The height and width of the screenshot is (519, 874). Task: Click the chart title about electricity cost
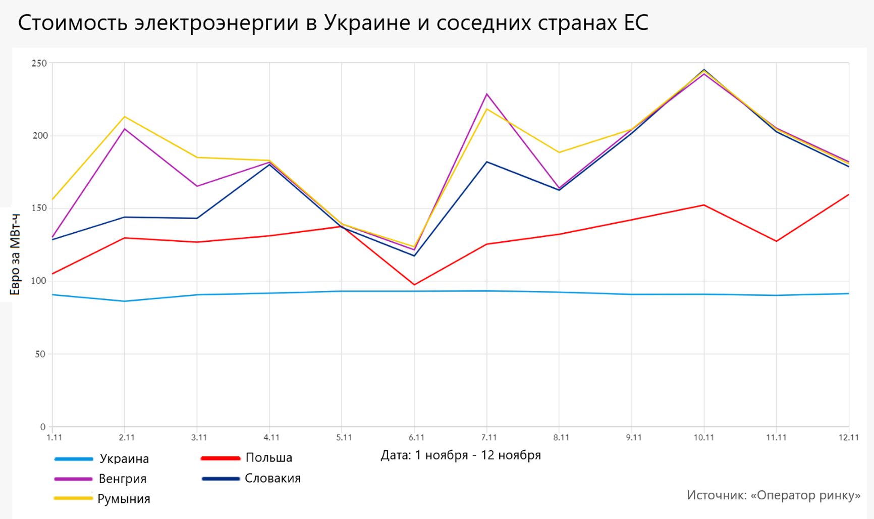coord(333,23)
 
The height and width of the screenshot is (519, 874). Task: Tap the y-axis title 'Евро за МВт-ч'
coord(15,254)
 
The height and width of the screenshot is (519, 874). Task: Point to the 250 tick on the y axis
coord(39,64)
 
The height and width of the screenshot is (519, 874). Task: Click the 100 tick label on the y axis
coord(39,281)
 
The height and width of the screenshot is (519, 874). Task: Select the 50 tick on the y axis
coord(40,354)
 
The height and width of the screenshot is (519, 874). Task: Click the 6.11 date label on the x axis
coord(416,438)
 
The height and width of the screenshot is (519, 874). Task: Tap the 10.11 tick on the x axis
coord(703,438)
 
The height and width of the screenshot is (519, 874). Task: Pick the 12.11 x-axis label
coord(848,438)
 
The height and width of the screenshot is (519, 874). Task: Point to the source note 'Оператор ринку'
coord(774,495)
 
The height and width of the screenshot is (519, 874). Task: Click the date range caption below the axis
coord(460,455)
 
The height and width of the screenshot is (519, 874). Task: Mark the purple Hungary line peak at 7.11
coord(487,94)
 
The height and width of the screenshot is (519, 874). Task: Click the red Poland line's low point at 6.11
coord(414,285)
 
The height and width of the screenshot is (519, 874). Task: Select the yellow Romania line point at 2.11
coord(125,117)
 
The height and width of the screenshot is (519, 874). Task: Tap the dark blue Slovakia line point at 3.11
coord(197,218)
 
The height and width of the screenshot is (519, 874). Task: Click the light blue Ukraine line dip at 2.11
coord(125,301)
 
